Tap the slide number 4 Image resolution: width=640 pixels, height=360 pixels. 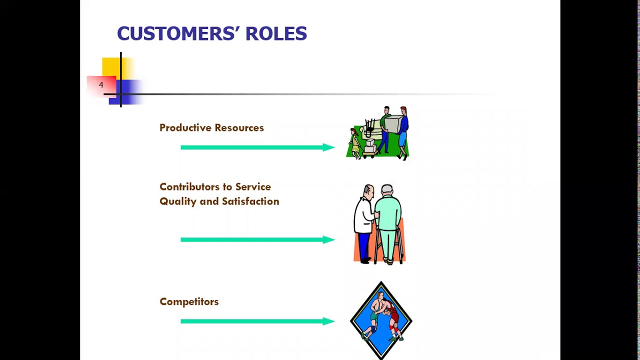(x=101, y=85)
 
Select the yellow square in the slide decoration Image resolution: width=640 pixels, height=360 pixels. (x=111, y=67)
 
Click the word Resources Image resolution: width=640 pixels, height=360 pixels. (x=238, y=128)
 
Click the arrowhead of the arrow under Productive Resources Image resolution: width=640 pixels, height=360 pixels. (x=328, y=147)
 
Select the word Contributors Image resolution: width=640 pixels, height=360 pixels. (x=190, y=187)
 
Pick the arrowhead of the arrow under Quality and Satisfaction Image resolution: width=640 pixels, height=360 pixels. (x=328, y=239)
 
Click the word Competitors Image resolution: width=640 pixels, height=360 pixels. (x=189, y=302)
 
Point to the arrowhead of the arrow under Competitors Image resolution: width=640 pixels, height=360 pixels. (x=328, y=321)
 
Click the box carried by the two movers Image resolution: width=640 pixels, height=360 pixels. (x=393, y=124)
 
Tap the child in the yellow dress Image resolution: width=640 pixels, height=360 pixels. (x=355, y=144)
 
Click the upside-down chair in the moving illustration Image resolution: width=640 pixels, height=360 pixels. (x=370, y=127)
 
